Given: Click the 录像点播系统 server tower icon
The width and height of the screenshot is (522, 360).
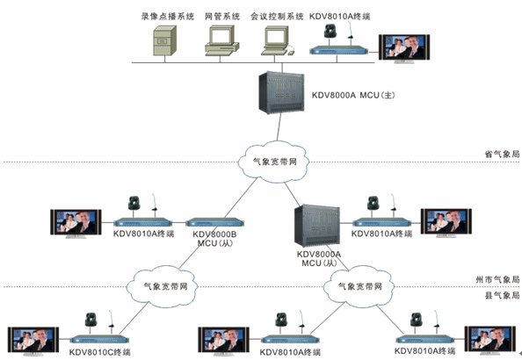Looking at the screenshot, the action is point(165,40).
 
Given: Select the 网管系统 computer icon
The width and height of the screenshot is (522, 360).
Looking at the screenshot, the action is point(222,40).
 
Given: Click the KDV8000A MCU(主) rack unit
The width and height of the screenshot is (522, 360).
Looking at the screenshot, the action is point(281,92).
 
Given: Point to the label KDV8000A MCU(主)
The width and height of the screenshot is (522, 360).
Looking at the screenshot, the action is point(353,95).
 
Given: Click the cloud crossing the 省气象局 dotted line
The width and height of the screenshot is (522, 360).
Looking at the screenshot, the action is point(273,162).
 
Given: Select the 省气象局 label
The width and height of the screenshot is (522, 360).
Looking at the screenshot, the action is point(502,154).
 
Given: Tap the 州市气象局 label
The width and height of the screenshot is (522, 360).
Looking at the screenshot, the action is point(497,279).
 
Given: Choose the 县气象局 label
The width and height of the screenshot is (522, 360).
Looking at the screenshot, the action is point(502,295).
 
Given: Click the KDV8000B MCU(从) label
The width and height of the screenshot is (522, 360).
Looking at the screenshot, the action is point(214,239).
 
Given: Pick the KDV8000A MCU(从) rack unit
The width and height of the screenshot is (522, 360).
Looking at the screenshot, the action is point(317,226).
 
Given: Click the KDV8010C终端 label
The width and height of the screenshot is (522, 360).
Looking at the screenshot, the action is point(100,352).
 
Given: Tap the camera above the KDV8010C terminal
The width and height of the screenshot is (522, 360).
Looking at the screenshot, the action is point(91,320).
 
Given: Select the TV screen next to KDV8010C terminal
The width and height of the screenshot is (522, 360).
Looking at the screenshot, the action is point(33,341).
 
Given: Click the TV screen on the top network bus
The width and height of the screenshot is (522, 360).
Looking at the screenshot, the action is point(404,48).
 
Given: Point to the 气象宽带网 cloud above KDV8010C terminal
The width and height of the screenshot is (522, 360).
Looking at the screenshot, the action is point(162,286).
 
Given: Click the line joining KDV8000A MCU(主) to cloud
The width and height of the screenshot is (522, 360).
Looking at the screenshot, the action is point(279,127).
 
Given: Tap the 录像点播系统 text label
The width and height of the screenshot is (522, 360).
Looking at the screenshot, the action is point(168,17).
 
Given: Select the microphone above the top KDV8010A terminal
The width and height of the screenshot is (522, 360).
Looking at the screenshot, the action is point(350,31).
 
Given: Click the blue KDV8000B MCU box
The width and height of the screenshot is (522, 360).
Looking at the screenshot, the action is point(214,222).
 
